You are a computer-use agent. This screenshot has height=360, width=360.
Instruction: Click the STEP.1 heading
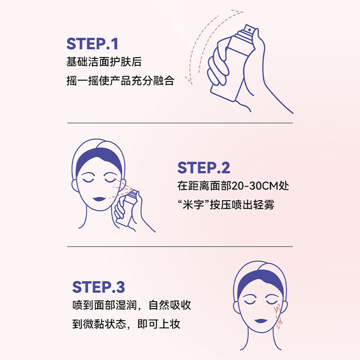[x=92, y=44]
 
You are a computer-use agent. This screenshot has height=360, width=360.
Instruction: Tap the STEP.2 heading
[x=204, y=168]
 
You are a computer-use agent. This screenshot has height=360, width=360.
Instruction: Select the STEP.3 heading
[x=99, y=287]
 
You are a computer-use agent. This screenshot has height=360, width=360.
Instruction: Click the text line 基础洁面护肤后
[x=104, y=62]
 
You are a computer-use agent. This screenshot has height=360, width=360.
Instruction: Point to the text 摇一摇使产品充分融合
[x=120, y=81]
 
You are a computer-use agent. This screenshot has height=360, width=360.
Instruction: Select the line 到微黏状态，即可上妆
[x=126, y=324]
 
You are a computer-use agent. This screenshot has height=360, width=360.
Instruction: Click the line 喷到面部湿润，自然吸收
[x=132, y=306]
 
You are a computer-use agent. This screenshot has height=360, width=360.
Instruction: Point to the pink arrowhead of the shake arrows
[x=190, y=82]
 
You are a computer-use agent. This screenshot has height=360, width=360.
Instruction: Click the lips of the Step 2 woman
[x=99, y=198]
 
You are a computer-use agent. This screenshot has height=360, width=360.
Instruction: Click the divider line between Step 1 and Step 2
[x=180, y=123]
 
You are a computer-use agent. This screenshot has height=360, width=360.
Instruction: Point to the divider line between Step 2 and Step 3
[x=180, y=247]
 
